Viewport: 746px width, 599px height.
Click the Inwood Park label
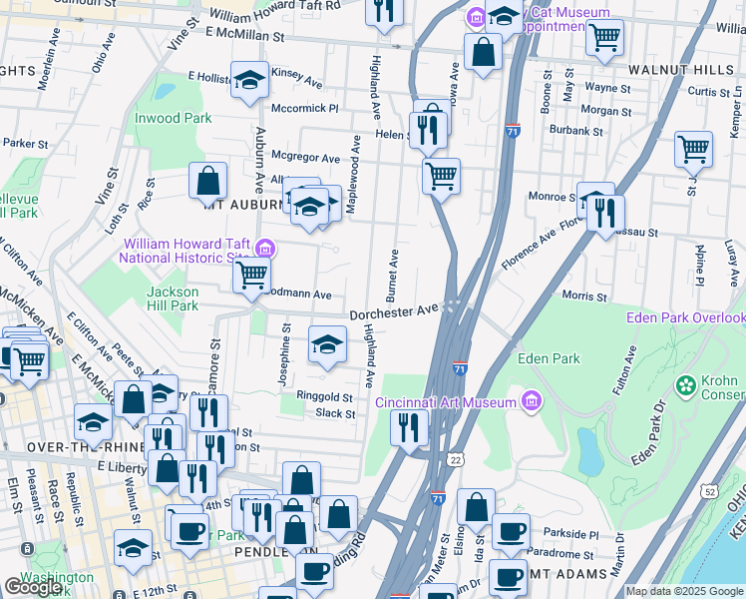174,118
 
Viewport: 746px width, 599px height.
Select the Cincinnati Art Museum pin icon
532,402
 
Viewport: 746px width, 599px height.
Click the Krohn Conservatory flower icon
686,384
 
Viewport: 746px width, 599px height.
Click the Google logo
33,587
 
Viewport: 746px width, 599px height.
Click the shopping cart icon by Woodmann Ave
253,274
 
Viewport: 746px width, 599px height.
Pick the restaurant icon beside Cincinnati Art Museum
409,428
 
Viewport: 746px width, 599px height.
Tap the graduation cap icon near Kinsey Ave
249,82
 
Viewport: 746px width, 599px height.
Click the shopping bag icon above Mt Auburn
207,181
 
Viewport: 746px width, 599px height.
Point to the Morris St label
584,297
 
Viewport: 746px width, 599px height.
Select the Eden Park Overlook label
685,318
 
